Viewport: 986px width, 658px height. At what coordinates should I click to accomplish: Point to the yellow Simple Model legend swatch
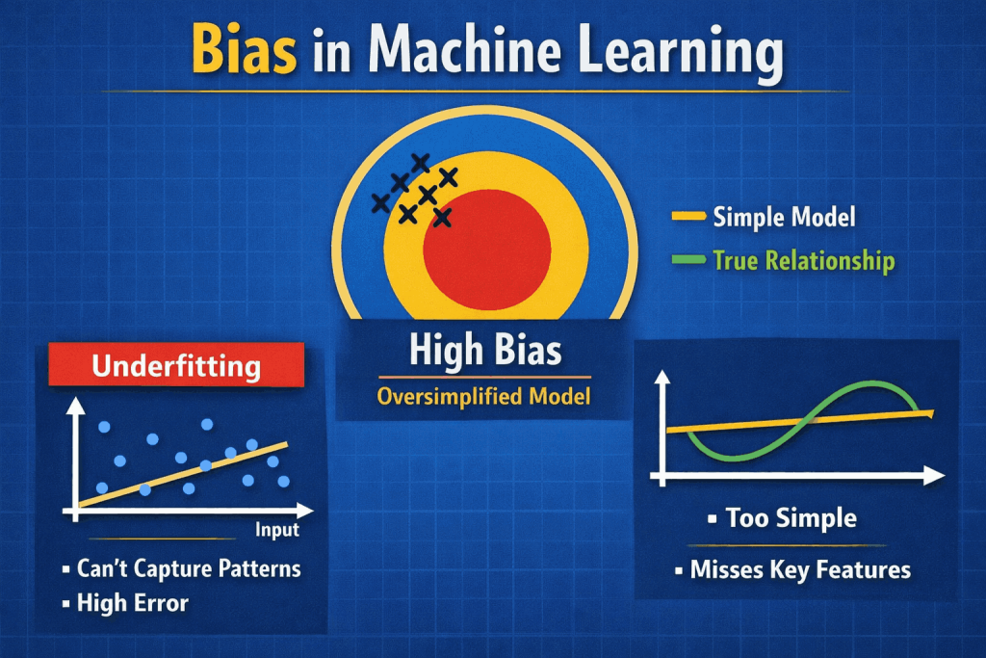[688, 217]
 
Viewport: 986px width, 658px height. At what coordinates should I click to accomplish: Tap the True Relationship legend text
[803, 260]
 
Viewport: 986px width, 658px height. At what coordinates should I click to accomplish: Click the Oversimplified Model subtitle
[484, 396]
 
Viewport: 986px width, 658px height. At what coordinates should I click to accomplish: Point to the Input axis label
[277, 530]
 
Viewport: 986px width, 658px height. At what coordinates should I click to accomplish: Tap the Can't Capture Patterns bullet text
[189, 568]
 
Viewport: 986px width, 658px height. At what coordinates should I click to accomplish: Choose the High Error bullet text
[133, 604]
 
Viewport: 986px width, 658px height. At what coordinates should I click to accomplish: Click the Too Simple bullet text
[791, 518]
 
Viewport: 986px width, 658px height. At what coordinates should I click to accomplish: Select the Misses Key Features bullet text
[800, 569]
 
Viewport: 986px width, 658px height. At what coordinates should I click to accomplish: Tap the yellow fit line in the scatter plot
[183, 474]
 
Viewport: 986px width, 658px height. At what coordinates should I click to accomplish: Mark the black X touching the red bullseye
[442, 218]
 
